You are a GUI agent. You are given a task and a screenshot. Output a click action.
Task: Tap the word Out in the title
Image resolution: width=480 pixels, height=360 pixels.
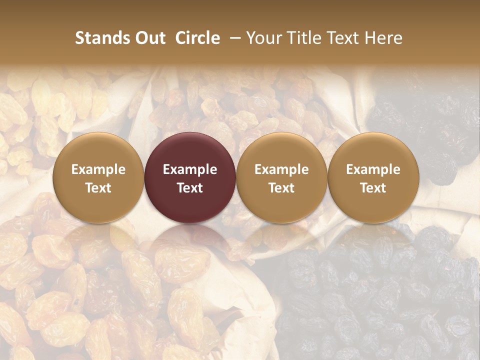(148, 38)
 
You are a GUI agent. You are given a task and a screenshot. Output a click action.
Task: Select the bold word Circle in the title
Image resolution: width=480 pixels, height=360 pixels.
(197, 38)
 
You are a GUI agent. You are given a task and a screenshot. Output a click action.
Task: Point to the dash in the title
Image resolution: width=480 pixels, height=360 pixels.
(233, 38)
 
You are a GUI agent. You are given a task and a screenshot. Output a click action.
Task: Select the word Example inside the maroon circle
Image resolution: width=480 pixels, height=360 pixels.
(190, 169)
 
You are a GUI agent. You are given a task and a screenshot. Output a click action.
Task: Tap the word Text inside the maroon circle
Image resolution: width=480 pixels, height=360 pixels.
(190, 188)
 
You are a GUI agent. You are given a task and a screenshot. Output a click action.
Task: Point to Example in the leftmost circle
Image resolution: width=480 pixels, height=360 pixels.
(98, 169)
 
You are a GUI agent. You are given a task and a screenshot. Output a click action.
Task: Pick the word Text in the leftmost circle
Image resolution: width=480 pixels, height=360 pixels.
(98, 188)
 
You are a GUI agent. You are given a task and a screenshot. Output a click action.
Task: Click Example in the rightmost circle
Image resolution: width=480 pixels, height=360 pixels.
(373, 169)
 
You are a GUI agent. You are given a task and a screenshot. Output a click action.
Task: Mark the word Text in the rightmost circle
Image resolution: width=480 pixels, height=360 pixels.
(373, 188)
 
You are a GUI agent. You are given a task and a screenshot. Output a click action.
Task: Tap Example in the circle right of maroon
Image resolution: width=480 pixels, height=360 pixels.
(281, 169)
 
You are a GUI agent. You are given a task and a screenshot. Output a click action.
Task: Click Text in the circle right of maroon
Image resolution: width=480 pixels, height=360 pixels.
(281, 188)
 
